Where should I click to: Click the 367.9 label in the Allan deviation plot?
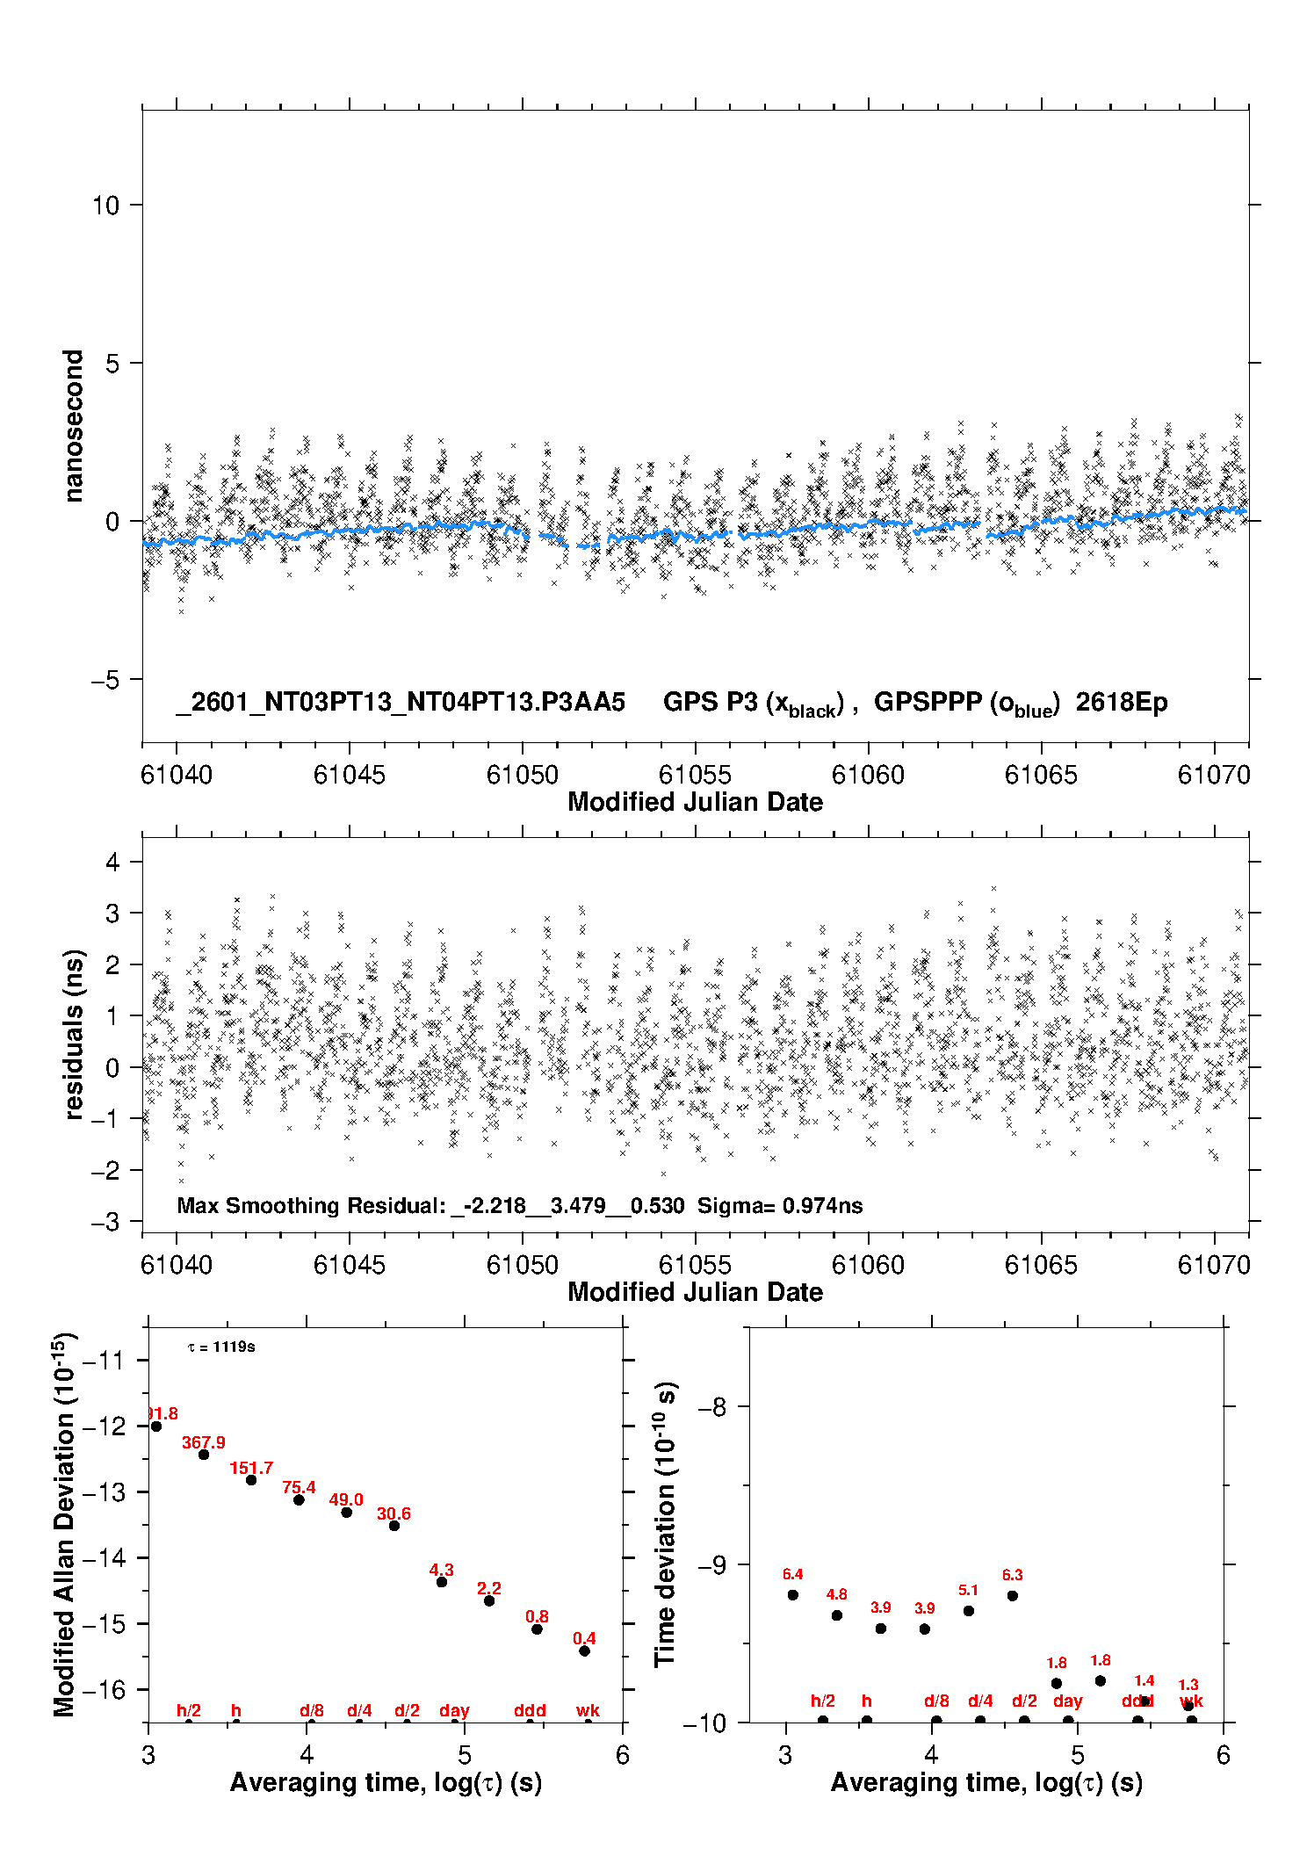coord(203,1442)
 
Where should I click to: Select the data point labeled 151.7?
coord(251,1480)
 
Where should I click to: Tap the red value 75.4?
coord(299,1487)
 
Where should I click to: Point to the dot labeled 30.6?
coord(394,1526)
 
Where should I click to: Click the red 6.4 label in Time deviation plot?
coord(792,1574)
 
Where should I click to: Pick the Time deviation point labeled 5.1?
coord(969,1611)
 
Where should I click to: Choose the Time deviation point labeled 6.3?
coord(1013,1596)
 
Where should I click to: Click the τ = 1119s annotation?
coord(221,1347)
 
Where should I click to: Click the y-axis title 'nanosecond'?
coord(73,426)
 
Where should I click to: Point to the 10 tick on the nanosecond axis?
coord(105,206)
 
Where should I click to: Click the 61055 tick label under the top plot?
coord(695,775)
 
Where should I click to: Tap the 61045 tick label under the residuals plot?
coord(349,1265)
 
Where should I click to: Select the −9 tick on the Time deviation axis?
coord(711,1565)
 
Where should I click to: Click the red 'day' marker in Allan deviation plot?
coord(454,1710)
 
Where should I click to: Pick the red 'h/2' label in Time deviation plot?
coord(822,1701)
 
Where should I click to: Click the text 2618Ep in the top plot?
coord(1122,703)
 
